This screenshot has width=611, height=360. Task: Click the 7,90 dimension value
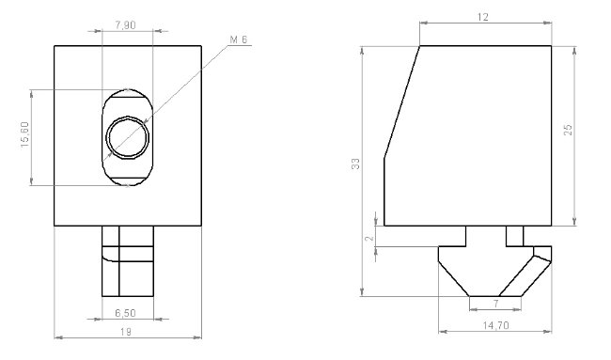(x=125, y=25)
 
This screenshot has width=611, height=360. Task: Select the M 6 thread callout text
(x=239, y=39)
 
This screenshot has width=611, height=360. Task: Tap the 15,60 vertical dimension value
(x=25, y=134)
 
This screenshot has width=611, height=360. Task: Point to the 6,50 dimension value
(x=125, y=313)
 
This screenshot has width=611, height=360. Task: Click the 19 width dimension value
(x=125, y=332)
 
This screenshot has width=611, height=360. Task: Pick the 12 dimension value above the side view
(x=482, y=17)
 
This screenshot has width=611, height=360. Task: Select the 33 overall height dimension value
(x=355, y=164)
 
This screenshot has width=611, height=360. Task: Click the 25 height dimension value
(x=568, y=130)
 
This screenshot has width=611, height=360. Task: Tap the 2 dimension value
(x=369, y=238)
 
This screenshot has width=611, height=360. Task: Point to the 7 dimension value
(x=495, y=303)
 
